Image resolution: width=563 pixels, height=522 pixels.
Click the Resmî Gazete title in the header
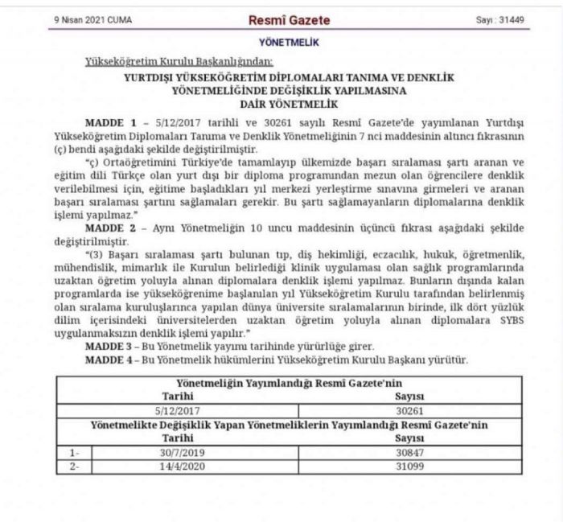click(290, 19)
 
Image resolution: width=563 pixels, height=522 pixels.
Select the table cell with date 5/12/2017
click(179, 409)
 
